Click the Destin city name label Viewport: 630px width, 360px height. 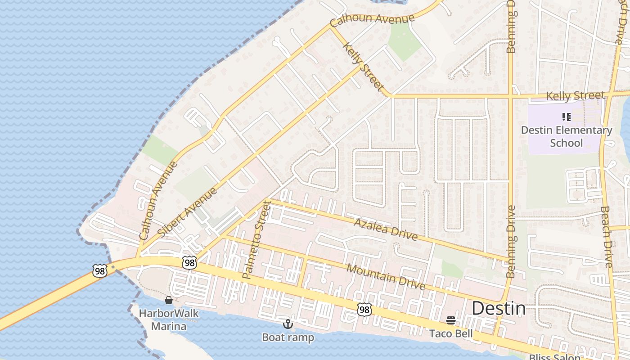click(498, 309)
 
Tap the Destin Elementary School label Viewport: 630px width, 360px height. click(567, 136)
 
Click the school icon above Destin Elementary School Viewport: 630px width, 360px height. click(567, 117)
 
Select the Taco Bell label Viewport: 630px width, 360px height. click(451, 333)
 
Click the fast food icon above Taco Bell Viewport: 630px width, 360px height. click(451, 321)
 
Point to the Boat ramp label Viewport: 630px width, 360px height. click(288, 337)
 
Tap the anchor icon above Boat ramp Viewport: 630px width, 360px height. click(288, 324)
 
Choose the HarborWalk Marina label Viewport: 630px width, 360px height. click(169, 319)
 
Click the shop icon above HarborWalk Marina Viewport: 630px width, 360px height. click(169, 300)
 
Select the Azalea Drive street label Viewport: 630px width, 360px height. click(385, 229)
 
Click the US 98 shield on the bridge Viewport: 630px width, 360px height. click(99, 270)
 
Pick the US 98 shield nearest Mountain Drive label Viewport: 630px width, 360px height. click(364, 309)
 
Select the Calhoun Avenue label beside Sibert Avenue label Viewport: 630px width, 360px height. click(158, 201)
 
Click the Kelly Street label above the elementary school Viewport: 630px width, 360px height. click(575, 95)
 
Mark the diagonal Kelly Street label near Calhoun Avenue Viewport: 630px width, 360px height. click(363, 67)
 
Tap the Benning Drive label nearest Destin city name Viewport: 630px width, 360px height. click(510, 241)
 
